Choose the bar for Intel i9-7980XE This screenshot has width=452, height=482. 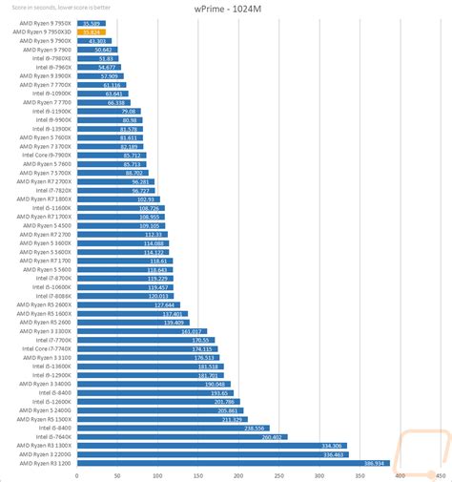pos(95,58)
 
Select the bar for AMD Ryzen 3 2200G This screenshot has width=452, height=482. pos(210,454)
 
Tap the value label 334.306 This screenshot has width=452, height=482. pos(331,446)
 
